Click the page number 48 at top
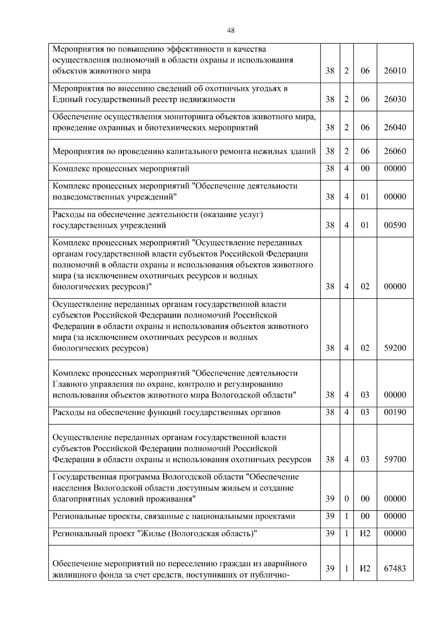231,31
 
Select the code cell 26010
395,71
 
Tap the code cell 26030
395,99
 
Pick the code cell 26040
395,128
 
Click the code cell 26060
395,151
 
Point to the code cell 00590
395,225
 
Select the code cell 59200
395,348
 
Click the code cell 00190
395,412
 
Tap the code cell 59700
395,460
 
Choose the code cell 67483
395,569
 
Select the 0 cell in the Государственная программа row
346,499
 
